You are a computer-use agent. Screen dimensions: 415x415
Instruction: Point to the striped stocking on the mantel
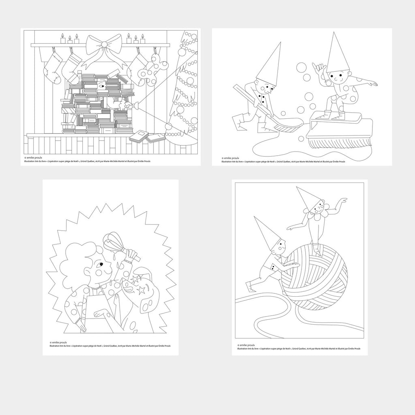(x=73, y=67)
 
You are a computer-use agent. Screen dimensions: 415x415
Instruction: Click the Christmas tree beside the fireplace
(x=184, y=89)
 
